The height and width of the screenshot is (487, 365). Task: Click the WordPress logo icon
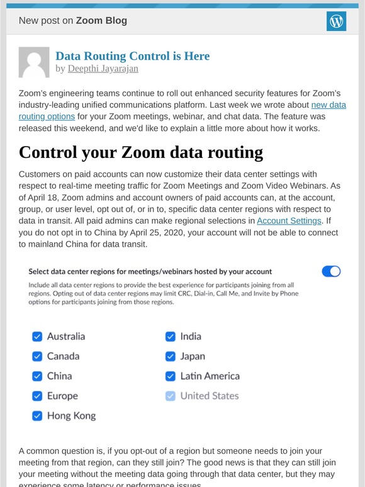[337, 21]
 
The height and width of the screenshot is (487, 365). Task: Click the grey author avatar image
[34, 62]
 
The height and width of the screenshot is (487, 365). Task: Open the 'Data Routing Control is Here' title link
[132, 56]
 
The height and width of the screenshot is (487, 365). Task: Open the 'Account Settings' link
[289, 221]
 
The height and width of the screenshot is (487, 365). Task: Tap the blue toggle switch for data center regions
[331, 271]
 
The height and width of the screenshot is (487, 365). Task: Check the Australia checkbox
[37, 337]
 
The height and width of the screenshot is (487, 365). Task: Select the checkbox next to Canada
[37, 356]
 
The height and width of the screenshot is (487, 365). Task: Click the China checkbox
[37, 376]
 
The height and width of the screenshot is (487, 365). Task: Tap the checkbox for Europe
[37, 396]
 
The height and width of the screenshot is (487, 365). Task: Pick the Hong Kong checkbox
[37, 416]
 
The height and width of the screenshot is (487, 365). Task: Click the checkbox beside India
[170, 337]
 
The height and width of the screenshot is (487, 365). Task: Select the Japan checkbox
[170, 356]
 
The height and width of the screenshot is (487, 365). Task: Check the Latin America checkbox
[170, 376]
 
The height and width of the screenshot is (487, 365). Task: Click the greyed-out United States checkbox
[170, 396]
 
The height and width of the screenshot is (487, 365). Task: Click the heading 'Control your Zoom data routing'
[141, 153]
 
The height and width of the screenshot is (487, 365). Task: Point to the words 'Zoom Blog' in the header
[101, 21]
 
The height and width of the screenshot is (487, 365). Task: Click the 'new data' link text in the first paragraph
[328, 105]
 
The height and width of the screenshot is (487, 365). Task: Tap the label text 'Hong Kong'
[71, 416]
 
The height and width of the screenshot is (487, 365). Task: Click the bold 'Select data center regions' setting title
[150, 272]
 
